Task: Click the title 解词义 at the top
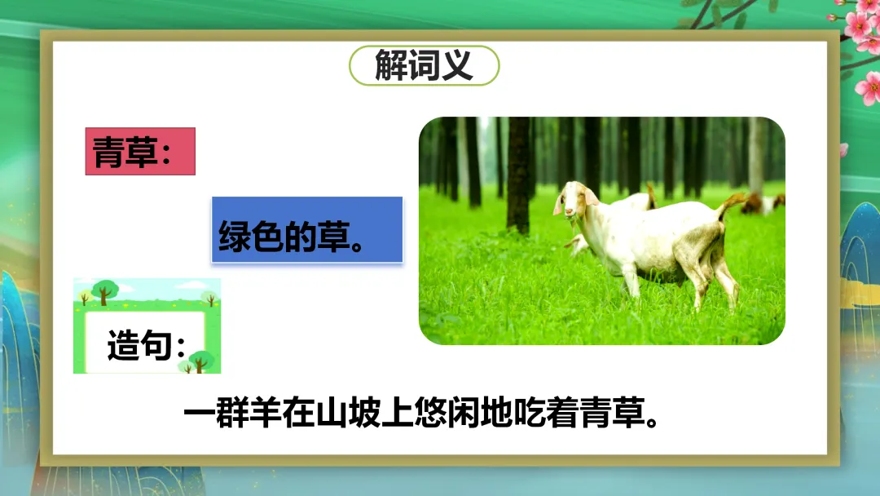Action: [424, 65]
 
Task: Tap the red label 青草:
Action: [140, 151]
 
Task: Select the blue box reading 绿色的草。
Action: [307, 230]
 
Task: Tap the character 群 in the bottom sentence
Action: [232, 414]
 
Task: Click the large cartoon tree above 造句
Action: [104, 291]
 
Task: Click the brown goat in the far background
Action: [751, 203]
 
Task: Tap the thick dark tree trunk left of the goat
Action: [518, 175]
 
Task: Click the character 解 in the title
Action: [390, 65]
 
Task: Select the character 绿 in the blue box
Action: [235, 236]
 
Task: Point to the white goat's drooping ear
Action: [591, 196]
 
